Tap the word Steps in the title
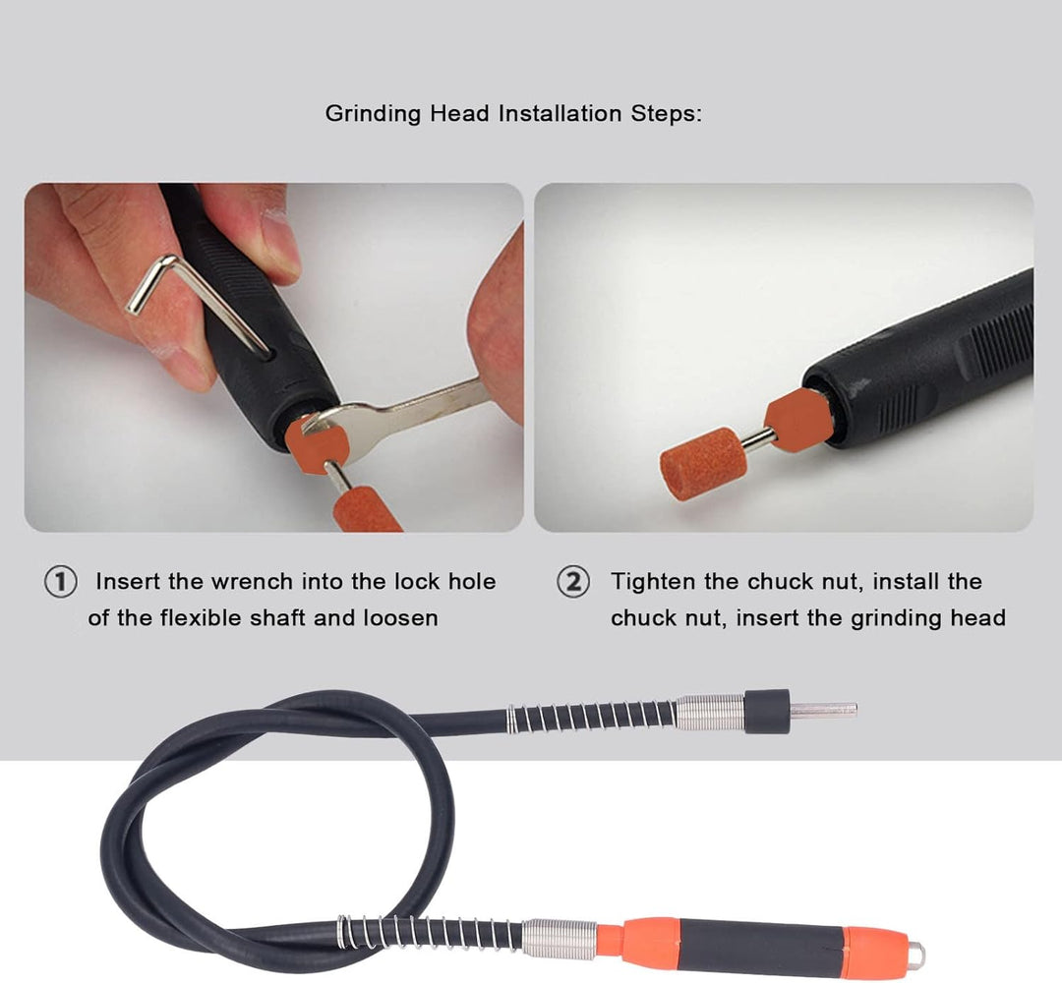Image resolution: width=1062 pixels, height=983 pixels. (667, 113)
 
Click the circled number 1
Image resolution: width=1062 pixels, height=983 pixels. (60, 582)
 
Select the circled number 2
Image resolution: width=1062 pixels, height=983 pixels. (573, 582)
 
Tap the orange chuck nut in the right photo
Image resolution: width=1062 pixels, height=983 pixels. (799, 420)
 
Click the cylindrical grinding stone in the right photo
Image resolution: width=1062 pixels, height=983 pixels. (703, 464)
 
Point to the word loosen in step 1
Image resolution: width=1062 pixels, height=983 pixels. (401, 618)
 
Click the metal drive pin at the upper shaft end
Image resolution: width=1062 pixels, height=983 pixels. (823, 710)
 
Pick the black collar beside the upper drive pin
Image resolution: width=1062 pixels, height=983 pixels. (767, 712)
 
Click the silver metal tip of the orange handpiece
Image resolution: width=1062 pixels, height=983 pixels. (915, 954)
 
